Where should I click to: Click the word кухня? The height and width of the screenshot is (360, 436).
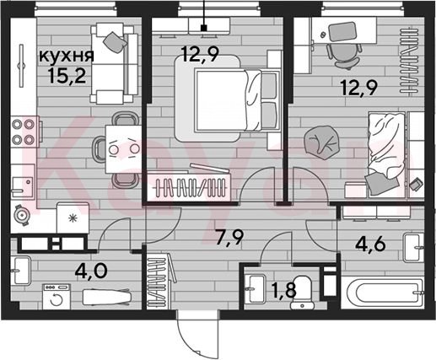coord(67,56)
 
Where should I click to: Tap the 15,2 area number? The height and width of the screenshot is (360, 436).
coord(67,75)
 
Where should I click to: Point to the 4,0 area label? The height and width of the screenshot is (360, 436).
coord(91,271)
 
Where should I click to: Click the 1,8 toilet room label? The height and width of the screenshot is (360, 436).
coord(284,290)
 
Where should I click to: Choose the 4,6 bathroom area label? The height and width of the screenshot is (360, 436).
coord(370,244)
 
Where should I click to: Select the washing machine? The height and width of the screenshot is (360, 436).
coord(57,297)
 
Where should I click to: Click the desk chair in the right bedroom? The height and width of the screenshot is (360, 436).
coord(343,56)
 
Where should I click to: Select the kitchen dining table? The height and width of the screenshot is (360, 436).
coord(123,149)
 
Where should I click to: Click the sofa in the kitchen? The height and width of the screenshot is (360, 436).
coord(115,63)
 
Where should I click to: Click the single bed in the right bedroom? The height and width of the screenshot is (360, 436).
coord(386,154)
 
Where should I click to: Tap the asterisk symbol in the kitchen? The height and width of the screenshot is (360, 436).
coord(73,218)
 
